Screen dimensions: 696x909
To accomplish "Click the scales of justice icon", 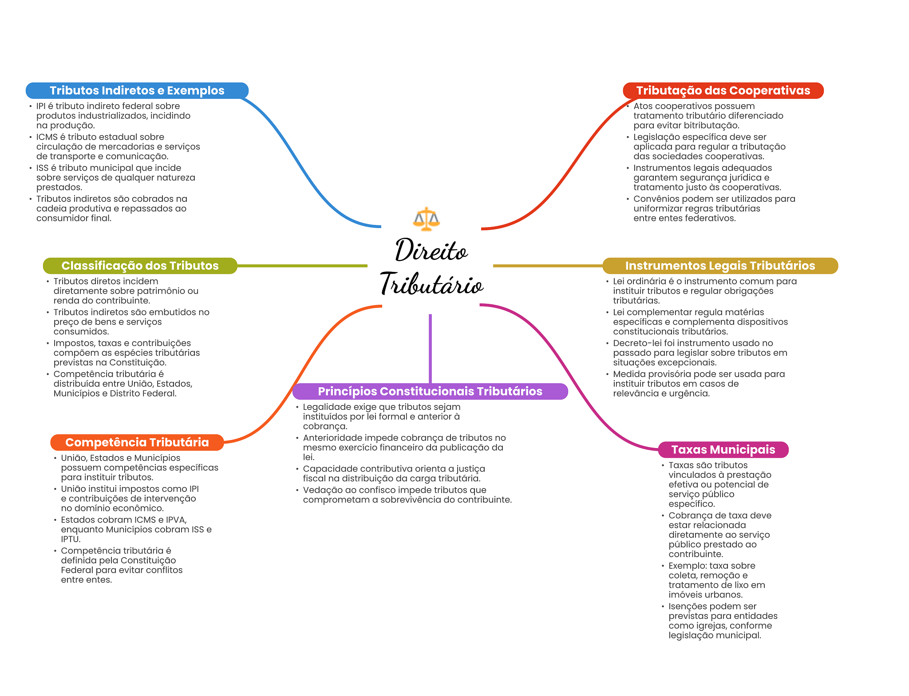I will coord(426,219).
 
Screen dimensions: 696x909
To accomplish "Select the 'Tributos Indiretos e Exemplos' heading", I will coord(137,90).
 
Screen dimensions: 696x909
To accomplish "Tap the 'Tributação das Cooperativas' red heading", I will coord(723,90).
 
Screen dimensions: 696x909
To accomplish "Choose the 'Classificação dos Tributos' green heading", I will coord(140,266).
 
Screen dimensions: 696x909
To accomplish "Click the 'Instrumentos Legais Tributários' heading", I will coord(720,266).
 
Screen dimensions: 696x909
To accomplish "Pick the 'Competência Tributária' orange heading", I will coord(137,442).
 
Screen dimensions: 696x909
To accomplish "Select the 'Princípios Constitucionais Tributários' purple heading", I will coord(430,391).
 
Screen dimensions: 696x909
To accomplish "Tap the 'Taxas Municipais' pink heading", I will coord(723,449).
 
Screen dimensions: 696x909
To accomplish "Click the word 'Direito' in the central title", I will coord(431,251).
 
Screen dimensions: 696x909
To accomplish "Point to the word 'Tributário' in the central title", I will coord(431,284).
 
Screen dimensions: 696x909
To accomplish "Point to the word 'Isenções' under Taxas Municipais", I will coord(687,606).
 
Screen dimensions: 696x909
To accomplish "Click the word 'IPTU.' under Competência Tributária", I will coord(71,539).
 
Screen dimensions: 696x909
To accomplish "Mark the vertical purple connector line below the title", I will coord(430,348).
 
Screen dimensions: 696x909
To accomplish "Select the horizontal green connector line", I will coord(302,266).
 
